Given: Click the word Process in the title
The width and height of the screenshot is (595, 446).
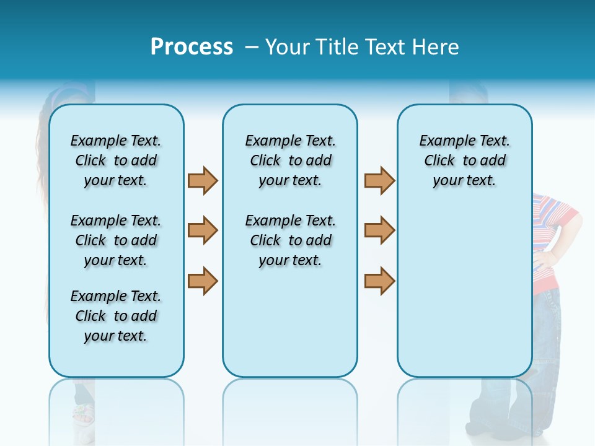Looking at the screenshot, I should (x=192, y=47).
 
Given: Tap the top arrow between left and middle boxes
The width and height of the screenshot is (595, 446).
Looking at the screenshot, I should (x=203, y=180).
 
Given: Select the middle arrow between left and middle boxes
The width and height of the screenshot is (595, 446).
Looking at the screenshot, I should (x=203, y=230).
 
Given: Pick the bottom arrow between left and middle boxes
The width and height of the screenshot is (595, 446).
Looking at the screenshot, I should (x=203, y=281).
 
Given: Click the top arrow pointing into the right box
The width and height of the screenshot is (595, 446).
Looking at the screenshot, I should (x=379, y=180).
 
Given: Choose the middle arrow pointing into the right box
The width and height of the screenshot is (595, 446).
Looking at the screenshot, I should (x=379, y=230).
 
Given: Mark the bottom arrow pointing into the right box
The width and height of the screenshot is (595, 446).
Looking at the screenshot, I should (x=379, y=281).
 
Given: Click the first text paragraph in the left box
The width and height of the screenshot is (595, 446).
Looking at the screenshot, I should (x=116, y=160).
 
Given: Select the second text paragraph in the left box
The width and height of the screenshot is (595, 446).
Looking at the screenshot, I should (x=116, y=240).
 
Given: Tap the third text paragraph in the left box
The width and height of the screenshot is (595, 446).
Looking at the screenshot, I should (x=116, y=316).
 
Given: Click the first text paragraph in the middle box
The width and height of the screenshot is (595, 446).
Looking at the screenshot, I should (x=290, y=160).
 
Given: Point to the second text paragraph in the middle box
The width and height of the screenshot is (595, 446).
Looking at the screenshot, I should (x=290, y=240).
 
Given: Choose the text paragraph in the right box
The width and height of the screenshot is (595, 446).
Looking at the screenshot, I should (x=464, y=160).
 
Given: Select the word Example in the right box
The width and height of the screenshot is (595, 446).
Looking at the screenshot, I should (x=443, y=141).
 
